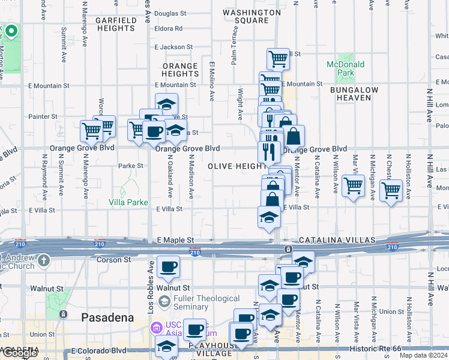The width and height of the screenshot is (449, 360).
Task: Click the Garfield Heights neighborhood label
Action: pyautogui.click(x=115, y=24)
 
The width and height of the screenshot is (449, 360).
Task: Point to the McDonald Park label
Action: pyautogui.click(x=341, y=68)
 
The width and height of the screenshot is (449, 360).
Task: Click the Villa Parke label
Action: pyautogui.click(x=128, y=202)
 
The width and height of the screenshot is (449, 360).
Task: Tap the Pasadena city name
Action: pyautogui.click(x=107, y=317)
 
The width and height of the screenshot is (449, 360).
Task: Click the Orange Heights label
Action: pyautogui.click(x=180, y=70)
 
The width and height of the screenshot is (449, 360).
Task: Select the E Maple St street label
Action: pyautogui.click(x=175, y=240)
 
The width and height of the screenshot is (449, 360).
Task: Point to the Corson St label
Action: pyautogui.click(x=113, y=259)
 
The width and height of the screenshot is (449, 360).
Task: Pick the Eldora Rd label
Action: pyautogui.click(x=169, y=28)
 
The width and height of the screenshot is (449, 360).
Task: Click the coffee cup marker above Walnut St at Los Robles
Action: pyautogui.click(x=168, y=268)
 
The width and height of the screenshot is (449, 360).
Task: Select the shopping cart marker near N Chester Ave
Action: pyautogui.click(x=391, y=191)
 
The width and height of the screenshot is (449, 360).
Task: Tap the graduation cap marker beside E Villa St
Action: pyautogui.click(x=269, y=217)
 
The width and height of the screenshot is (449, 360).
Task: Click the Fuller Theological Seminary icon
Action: pyautogui.click(x=165, y=299)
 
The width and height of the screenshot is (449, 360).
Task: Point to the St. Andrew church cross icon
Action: pyautogui.click(x=44, y=260)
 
